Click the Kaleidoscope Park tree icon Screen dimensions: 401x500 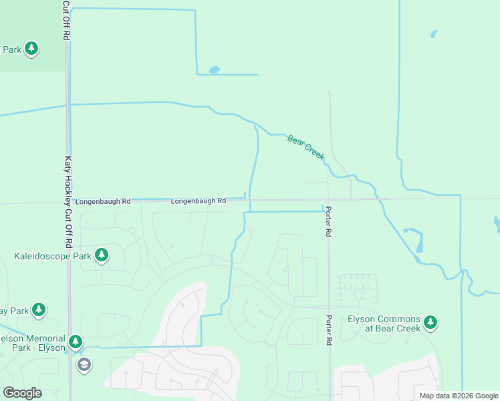102,255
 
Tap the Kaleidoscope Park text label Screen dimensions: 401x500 53,256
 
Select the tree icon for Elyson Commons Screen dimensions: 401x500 430,323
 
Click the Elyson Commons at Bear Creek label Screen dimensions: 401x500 384,323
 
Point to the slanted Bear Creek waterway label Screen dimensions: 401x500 305,146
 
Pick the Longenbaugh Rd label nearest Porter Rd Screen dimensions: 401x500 198,200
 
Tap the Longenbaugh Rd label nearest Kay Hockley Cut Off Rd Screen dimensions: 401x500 103,200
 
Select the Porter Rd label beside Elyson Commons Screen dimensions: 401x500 329,330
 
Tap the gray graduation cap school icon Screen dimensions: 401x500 84,364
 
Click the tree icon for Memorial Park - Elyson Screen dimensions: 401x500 76,342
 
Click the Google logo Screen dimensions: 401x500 21,393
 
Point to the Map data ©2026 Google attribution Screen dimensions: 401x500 459,396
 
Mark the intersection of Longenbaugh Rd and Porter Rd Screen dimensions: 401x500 328,199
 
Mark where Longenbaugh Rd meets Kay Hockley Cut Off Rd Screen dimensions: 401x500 68,201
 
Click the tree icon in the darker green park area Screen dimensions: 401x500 31,48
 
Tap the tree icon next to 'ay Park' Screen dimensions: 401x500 39,309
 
